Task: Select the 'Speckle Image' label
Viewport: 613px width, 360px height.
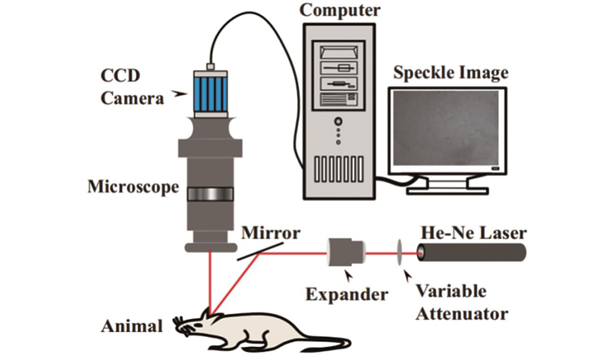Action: click(x=450, y=72)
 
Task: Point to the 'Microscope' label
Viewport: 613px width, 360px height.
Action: click(x=133, y=187)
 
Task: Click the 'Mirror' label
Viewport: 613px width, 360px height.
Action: click(x=271, y=233)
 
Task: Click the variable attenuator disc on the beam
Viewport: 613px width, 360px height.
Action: click(x=399, y=253)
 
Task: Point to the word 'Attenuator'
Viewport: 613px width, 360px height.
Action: click(x=461, y=311)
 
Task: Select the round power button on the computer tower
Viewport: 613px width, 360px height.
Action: click(x=338, y=120)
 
